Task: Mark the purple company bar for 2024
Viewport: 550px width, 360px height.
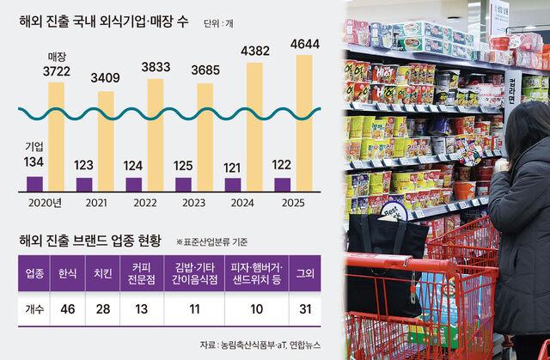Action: point(233,184)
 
